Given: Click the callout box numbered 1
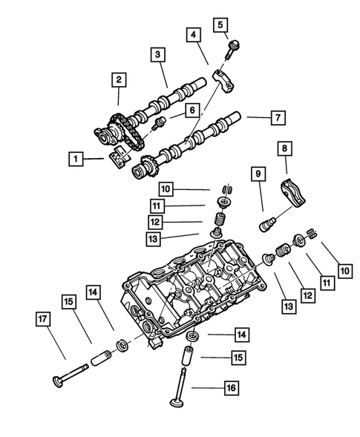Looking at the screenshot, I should coord(76,157).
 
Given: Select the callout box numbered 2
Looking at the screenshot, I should coord(118,79).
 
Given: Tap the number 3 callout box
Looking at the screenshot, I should coord(157,54).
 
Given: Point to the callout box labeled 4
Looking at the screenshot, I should coord(193,35).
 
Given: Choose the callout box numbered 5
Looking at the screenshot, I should coord(220,24).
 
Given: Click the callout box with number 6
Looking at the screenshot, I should coord(192,110).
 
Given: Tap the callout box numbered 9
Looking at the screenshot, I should coord(258,174).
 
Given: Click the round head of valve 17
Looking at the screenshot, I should coord(55,381).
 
